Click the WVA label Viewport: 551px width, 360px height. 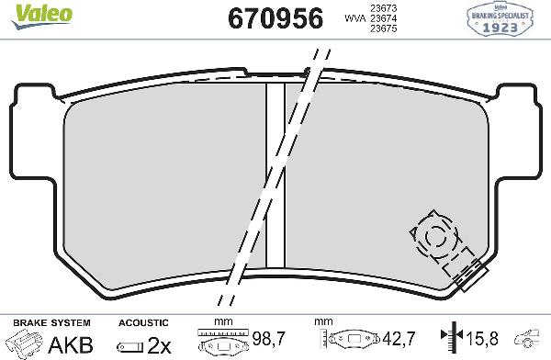tap(352, 18)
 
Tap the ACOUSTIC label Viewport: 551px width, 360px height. tap(143, 323)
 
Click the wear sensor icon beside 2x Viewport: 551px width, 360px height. tap(131, 345)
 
